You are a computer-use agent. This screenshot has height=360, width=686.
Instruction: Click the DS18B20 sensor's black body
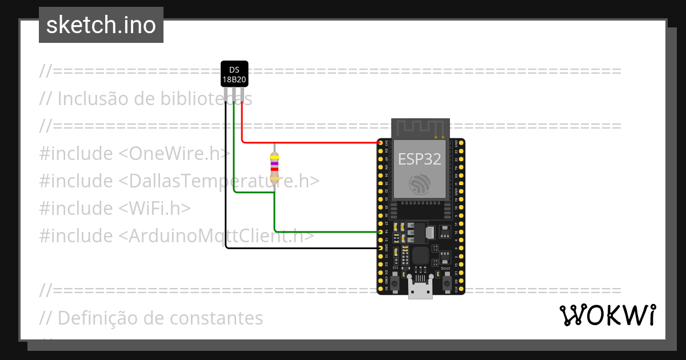tap(234, 74)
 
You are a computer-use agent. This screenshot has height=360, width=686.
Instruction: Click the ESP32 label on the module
tap(420, 159)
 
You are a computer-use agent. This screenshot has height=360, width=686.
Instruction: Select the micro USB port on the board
tap(420, 290)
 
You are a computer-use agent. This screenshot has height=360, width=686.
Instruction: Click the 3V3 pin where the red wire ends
tap(381, 142)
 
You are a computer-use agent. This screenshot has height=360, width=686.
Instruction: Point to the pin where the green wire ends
tap(381, 232)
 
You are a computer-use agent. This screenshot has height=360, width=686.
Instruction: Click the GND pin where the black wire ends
tap(381, 249)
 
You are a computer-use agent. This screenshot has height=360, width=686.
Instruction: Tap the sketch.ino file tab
tap(101, 25)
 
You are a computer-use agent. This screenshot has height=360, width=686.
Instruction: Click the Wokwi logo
tap(607, 315)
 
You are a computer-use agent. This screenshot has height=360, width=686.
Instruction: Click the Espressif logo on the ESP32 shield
tap(420, 184)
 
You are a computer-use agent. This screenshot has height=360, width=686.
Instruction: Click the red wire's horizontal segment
tap(309, 142)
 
